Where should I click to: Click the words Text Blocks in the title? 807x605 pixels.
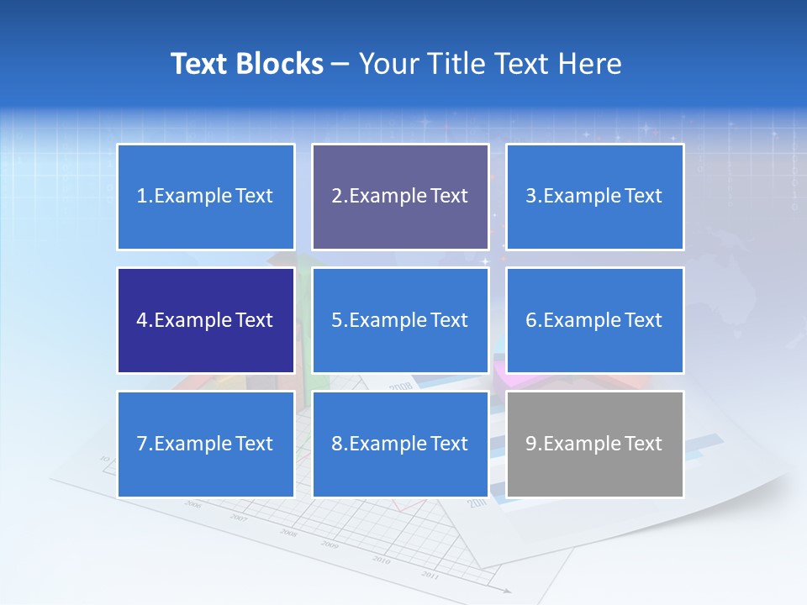coord(246,64)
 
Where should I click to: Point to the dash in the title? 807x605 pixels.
coord(340,65)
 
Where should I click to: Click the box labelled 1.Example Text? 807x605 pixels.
coord(206,197)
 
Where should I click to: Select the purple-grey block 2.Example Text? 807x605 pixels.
coord(400,197)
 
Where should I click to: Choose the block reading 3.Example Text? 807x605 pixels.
coord(594,197)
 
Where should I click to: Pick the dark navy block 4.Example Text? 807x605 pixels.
coord(206,320)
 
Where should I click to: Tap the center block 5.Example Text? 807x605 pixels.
coord(400,320)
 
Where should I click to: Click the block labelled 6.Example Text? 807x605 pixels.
coord(594,320)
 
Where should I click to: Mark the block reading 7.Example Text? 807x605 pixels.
coord(206,444)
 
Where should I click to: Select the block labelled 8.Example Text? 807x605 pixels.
coord(400,444)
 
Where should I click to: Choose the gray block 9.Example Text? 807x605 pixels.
coord(594,444)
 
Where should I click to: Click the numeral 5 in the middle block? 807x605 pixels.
coord(336,320)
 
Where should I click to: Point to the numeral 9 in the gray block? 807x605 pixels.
coord(530,444)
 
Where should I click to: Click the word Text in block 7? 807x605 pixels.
coord(254,444)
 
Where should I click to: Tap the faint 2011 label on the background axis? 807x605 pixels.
coord(430,575)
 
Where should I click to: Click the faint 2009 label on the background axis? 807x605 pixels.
coord(330,545)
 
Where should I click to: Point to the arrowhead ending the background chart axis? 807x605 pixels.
coord(507,591)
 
